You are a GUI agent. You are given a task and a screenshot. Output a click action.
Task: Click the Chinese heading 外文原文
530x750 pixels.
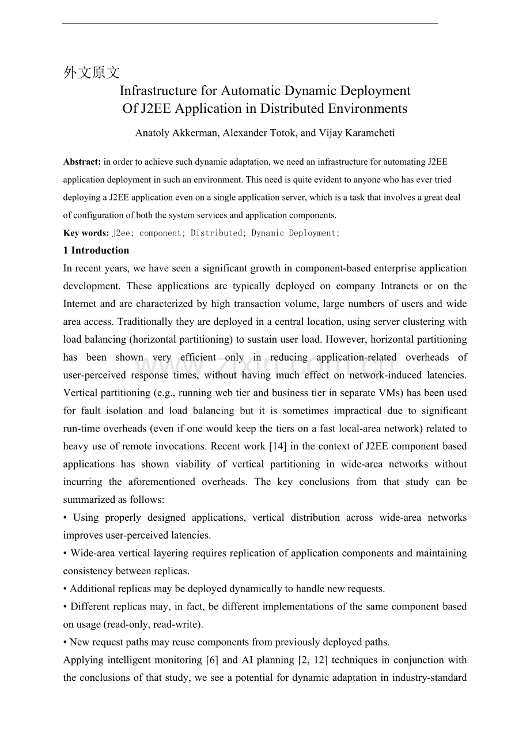click(x=92, y=73)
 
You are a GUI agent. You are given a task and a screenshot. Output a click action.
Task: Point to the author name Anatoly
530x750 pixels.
click(x=154, y=133)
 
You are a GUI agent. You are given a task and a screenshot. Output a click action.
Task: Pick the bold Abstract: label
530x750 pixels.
click(x=82, y=162)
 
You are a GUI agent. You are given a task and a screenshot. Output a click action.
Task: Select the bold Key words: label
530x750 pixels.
click(x=86, y=233)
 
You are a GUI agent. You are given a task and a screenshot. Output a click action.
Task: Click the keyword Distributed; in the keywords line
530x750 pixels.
click(x=217, y=233)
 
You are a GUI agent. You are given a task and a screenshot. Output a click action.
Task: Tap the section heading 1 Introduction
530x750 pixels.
click(x=96, y=251)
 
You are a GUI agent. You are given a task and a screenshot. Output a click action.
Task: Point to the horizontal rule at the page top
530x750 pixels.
click(x=250, y=24)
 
